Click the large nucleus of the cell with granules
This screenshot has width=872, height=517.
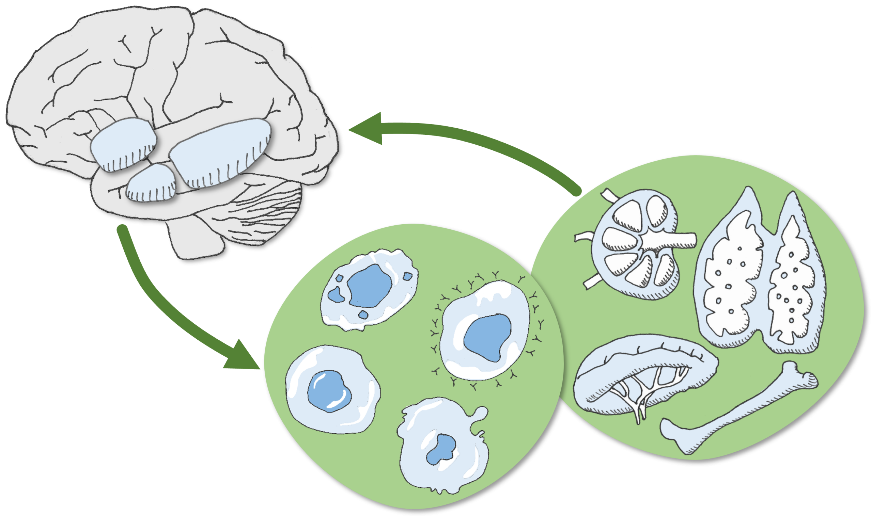[x=370, y=286]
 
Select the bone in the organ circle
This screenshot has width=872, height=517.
[x=732, y=411]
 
